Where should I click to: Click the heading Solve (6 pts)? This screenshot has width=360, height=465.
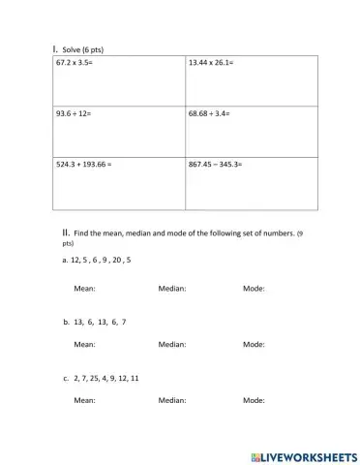(80, 46)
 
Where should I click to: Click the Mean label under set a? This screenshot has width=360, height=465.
(84, 289)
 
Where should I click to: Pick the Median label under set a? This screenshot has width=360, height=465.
(171, 289)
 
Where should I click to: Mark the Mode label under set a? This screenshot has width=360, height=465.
(254, 289)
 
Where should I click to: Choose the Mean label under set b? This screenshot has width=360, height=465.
(84, 344)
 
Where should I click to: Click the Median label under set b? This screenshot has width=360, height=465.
(171, 344)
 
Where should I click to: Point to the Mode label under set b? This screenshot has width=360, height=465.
(254, 344)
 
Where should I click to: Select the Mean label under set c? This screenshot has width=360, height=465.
(84, 400)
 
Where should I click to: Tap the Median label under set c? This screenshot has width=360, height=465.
(171, 400)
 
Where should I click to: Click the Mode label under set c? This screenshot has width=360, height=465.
(254, 400)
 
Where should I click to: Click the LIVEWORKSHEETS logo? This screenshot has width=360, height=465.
(303, 455)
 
